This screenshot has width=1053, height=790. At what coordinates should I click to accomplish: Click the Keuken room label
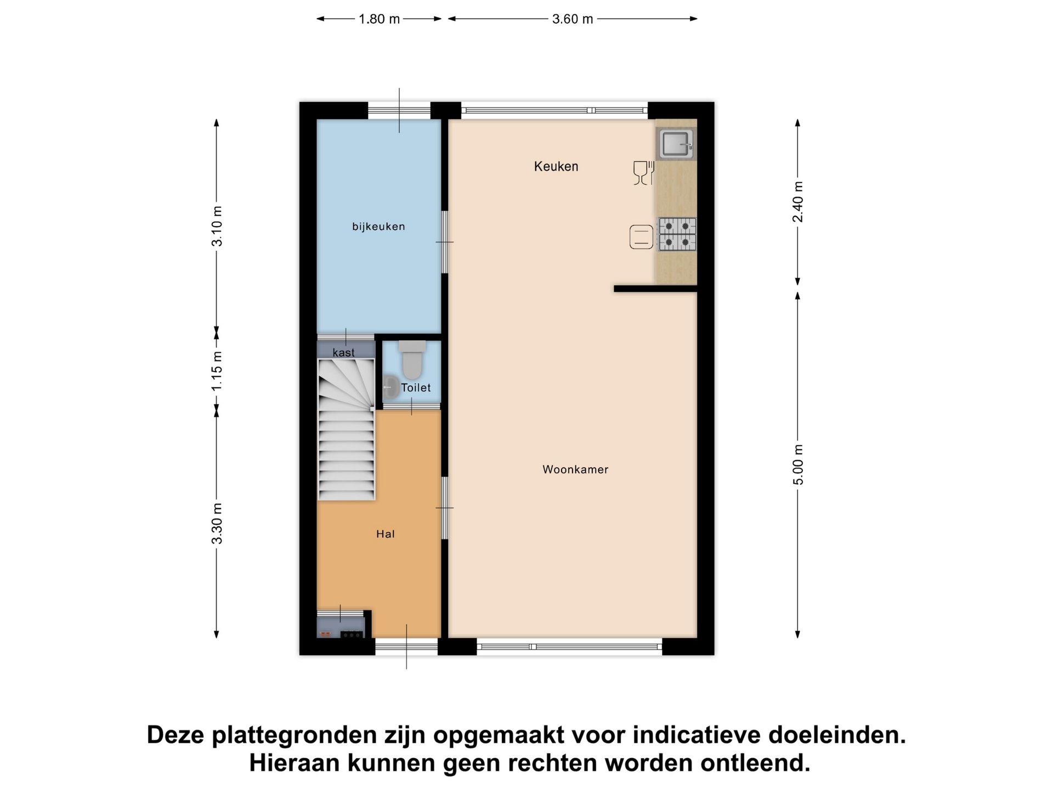pos(556,166)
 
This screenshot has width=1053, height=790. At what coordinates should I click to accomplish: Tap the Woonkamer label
pos(575,469)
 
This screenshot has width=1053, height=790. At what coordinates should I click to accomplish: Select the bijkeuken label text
pos(378,226)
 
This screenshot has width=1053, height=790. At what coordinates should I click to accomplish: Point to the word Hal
pos(385,534)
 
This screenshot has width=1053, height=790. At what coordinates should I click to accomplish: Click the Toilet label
pos(416,387)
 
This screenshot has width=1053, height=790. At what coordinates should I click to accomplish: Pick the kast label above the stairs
pos(344,353)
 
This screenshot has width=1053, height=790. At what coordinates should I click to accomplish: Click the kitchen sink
pos(675,144)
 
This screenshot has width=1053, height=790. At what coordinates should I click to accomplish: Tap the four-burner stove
pos(677,234)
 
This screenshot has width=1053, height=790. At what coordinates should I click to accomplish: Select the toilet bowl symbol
pos(412,360)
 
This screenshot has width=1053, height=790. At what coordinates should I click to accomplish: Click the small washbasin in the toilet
pos(390,387)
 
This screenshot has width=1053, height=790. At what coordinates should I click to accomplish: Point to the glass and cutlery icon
pos(643,173)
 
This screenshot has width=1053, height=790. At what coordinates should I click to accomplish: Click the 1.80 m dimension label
pos(379,19)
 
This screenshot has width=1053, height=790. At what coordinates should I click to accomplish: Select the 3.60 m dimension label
pos(572,19)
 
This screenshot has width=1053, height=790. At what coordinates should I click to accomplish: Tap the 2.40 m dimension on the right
pos(798,201)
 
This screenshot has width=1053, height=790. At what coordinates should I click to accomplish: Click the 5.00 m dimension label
pos(798,464)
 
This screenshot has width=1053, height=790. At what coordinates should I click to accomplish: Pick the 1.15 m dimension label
pos(217,371)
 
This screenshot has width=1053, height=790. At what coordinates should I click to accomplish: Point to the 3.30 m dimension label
pos(217,523)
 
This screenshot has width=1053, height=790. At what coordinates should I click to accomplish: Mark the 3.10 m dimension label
pos(217,226)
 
